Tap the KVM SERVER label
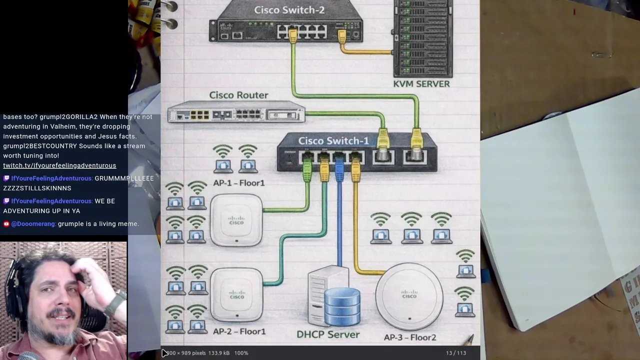tap(421, 84)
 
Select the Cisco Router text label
tap(238, 95)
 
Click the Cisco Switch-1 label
tap(333, 141)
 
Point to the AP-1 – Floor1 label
tap(238, 183)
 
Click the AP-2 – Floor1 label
tap(239, 331)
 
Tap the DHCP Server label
tap(327, 334)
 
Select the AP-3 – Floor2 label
tap(409, 337)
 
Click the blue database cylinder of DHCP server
tap(342, 306)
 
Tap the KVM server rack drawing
tap(422, 37)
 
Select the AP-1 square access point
tap(236, 219)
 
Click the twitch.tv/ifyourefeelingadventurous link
tap(59, 165)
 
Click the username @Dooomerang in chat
tap(33, 224)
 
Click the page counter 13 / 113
tap(455, 353)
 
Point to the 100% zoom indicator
tap(241, 353)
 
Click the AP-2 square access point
tap(236, 294)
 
